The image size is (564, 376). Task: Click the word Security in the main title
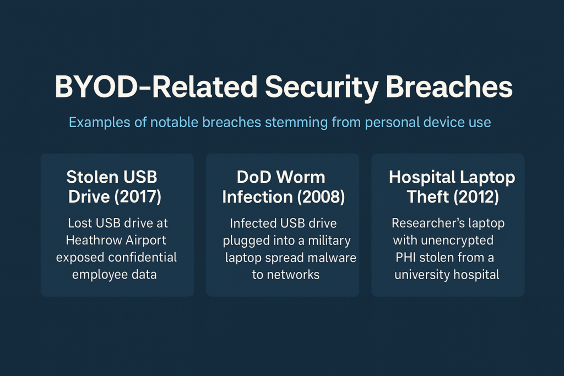pos(322,88)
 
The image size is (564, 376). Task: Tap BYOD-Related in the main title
pos(156,86)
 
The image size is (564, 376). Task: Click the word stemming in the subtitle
pos(296,123)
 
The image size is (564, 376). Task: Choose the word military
pos(329,241)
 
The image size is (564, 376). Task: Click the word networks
pos(294,275)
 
